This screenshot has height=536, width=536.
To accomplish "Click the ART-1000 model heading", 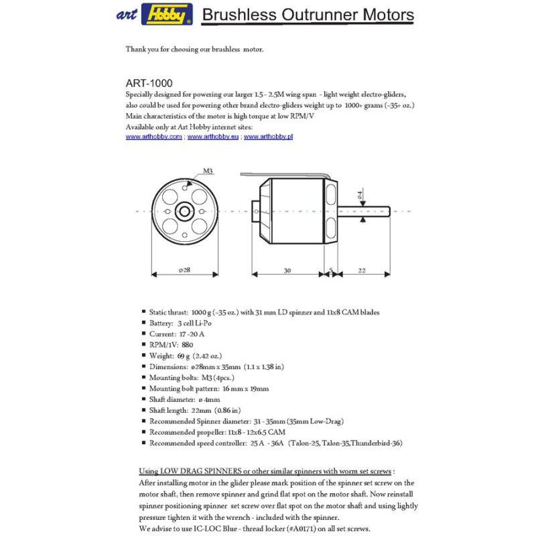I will (x=149, y=84).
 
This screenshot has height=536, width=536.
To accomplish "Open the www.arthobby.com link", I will (x=154, y=136).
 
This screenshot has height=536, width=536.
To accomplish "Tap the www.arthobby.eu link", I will (x=212, y=136).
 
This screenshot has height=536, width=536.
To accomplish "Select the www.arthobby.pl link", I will (x=268, y=136).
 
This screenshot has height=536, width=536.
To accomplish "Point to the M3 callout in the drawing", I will (x=208, y=172).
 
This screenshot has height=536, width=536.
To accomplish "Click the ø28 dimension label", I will (x=185, y=269).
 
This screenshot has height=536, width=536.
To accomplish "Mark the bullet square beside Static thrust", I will (x=143, y=312).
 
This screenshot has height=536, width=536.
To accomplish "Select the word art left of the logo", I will (x=125, y=14).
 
